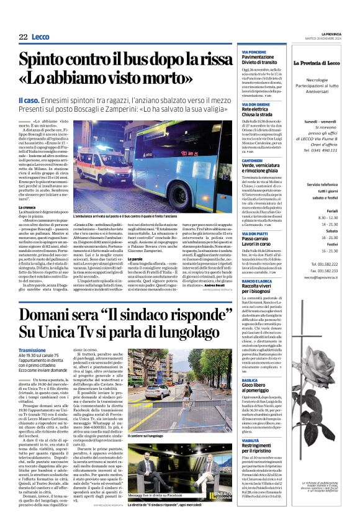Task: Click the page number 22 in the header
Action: click(x=23, y=37)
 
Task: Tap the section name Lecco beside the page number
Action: click(x=42, y=37)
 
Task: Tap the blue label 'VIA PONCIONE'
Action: click(x=253, y=52)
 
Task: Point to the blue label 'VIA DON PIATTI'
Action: click(x=254, y=233)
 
